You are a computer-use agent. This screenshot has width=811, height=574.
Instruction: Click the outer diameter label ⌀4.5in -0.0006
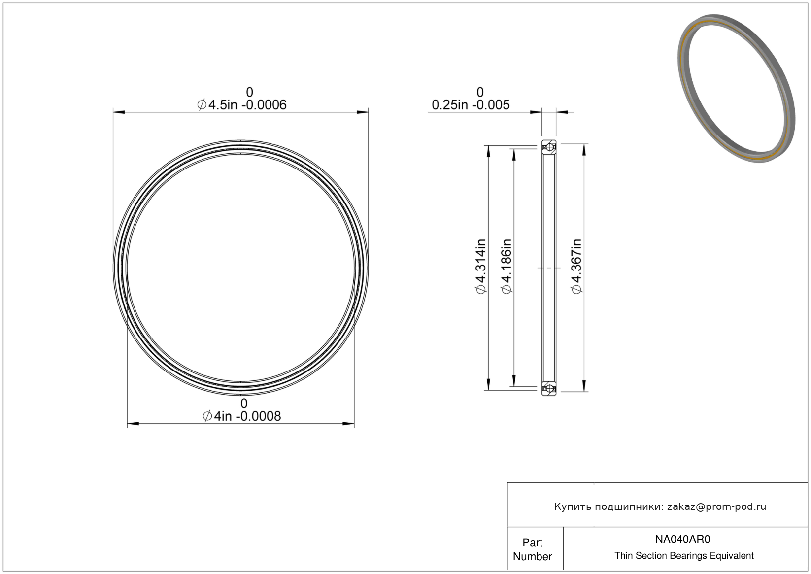[x=241, y=105]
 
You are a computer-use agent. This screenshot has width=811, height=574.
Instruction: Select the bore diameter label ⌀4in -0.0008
[x=241, y=416]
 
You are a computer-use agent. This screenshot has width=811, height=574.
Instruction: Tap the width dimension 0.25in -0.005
[x=471, y=105]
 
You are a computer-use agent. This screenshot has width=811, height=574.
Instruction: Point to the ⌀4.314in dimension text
[x=481, y=267]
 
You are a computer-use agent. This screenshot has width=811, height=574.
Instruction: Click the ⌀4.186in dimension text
[x=506, y=267]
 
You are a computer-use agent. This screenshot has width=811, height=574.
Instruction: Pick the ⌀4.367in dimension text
[x=576, y=267]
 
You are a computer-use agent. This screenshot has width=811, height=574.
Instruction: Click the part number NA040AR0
[x=683, y=540]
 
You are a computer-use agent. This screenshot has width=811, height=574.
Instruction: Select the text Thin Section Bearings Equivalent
[x=684, y=556]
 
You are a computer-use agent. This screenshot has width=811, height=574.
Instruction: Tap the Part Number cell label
[x=533, y=549]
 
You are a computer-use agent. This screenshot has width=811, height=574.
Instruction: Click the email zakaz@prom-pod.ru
[x=716, y=506]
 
